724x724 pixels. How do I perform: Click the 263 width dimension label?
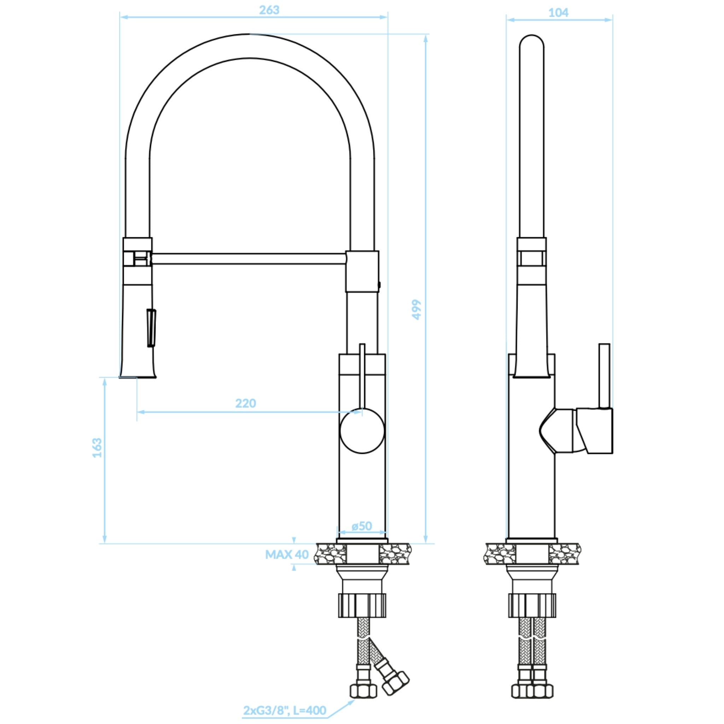tap(269, 10)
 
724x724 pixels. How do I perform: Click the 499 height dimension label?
tap(416, 309)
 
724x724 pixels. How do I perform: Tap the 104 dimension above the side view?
tap(558, 13)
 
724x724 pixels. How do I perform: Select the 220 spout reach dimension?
tap(245, 403)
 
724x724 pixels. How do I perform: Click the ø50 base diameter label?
tap(362, 526)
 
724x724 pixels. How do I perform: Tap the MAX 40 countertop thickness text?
tap(287, 555)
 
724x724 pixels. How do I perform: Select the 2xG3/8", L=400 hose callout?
tap(285, 710)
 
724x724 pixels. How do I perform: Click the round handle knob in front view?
tap(362, 431)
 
